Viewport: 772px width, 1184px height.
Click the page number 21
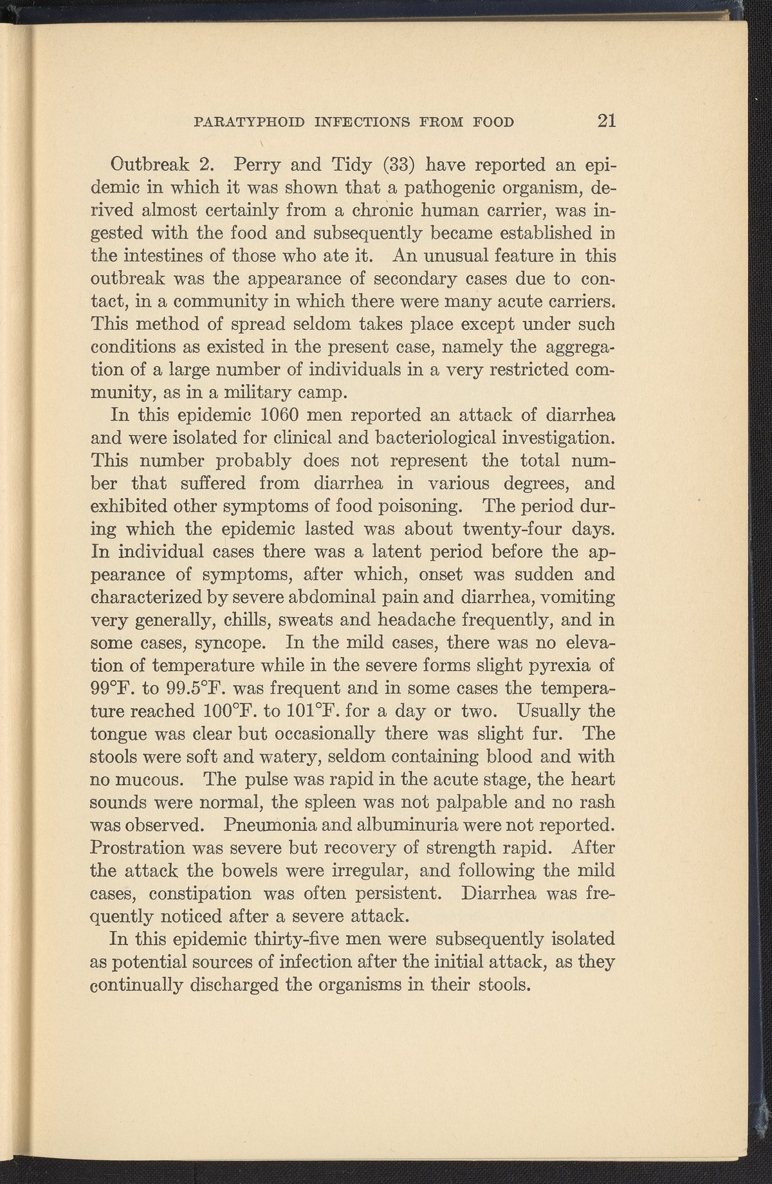click(x=607, y=121)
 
